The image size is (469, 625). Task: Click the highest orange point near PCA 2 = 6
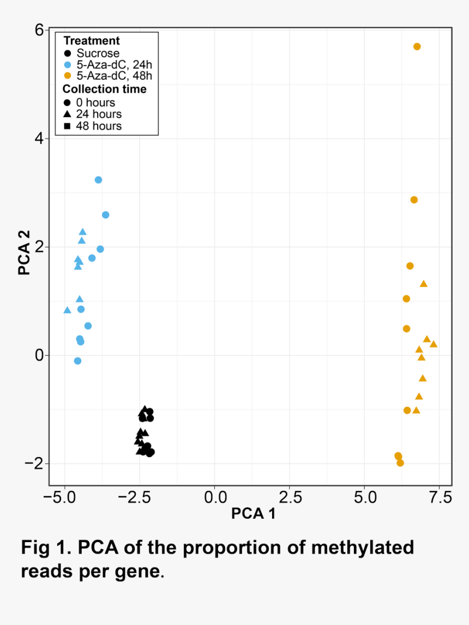tap(417, 47)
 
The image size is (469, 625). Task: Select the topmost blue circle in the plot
tap(98, 180)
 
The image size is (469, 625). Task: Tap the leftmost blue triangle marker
tap(67, 310)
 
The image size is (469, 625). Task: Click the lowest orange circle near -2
tap(400, 462)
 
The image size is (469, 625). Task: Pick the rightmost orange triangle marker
tap(434, 344)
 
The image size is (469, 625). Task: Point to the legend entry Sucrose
tap(98, 53)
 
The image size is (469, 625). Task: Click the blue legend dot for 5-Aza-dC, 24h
tap(67, 64)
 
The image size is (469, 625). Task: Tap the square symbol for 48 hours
tap(67, 126)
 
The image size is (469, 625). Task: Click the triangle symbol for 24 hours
tap(67, 115)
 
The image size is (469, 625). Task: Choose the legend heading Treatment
tap(91, 41)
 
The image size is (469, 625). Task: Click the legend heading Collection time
tap(104, 89)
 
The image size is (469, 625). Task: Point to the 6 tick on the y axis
tap(39, 30)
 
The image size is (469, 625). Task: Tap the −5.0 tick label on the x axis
tap(64, 497)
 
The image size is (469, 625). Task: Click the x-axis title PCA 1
tap(253, 514)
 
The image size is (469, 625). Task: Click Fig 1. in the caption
tap(46, 548)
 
